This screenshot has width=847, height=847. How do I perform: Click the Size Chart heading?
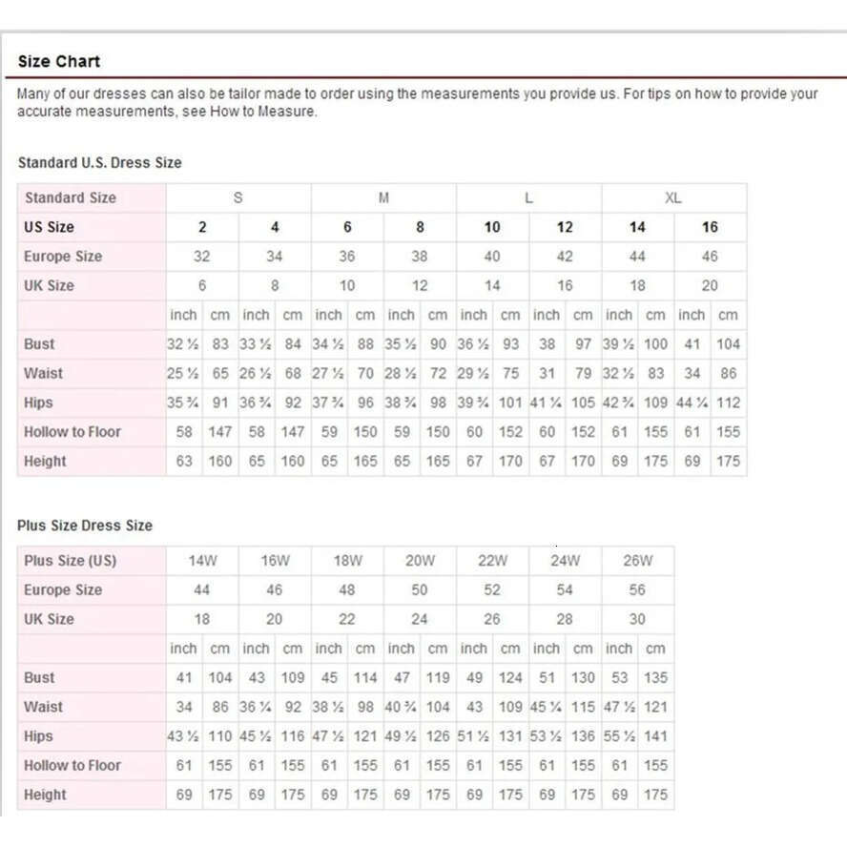(x=59, y=62)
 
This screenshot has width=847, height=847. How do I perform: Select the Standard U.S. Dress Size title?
(x=99, y=163)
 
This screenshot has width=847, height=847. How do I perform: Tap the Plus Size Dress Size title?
(x=85, y=526)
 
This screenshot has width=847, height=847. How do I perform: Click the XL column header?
(x=673, y=198)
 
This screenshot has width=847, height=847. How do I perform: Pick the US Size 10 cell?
(x=492, y=227)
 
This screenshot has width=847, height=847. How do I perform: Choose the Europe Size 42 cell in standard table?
(x=565, y=257)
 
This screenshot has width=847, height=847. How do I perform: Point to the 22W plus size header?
(x=492, y=561)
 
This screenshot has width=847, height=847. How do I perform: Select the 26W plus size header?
(x=637, y=561)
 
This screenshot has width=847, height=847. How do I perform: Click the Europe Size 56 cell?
(x=637, y=589)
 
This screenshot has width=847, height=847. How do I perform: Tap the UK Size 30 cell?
(x=637, y=619)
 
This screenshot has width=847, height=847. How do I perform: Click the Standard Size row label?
(x=71, y=198)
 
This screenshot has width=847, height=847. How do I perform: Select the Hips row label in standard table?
(x=39, y=403)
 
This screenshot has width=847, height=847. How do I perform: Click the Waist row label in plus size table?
(x=43, y=707)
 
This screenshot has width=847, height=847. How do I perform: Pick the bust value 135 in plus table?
(x=655, y=678)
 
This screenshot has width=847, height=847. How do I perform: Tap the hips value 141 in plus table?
(x=655, y=736)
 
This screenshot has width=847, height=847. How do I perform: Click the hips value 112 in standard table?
(x=728, y=403)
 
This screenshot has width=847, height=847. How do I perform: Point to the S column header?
(x=238, y=198)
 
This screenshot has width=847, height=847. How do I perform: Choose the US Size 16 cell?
(x=710, y=227)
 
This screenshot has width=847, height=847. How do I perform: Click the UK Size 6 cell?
(x=202, y=285)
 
